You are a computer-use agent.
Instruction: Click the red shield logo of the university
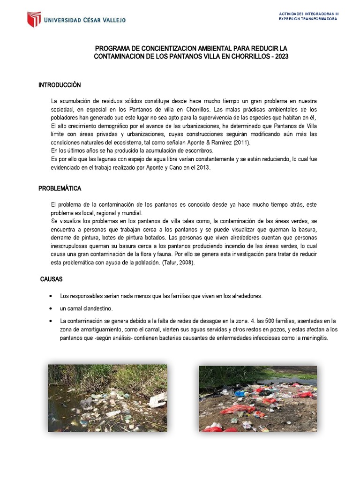point(33,20)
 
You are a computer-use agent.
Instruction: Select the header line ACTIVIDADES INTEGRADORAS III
point(308,14)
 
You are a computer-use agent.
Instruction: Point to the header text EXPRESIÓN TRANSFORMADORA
point(308,19)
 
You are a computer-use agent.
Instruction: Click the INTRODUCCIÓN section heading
point(60,85)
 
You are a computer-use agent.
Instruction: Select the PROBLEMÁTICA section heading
point(60,188)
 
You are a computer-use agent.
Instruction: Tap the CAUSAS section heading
point(52,279)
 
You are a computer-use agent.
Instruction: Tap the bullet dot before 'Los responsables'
point(50,296)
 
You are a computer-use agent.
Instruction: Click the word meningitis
point(314,338)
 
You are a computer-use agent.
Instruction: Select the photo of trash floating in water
point(108,398)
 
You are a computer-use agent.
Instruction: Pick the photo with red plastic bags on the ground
point(258,398)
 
